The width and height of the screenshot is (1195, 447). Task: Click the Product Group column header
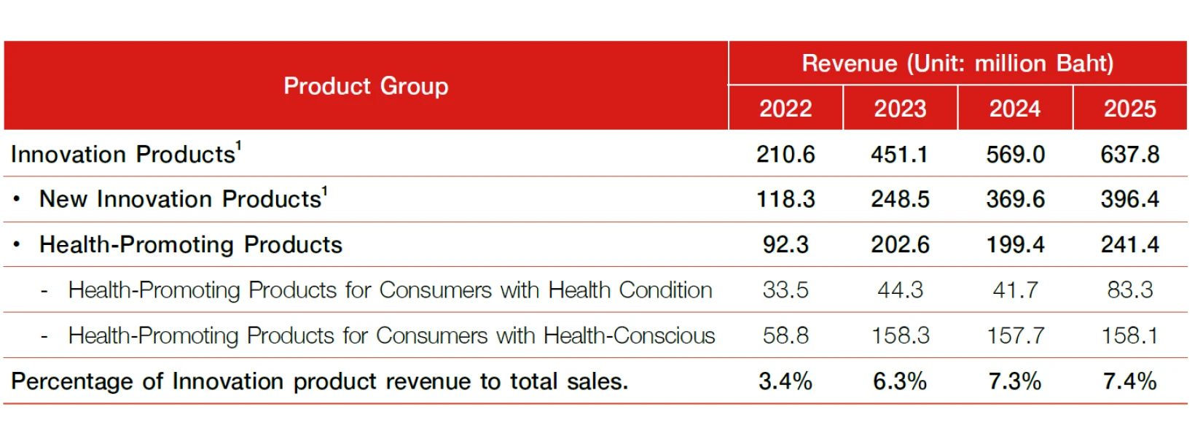366,86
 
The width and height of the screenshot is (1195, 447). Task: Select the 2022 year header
785,109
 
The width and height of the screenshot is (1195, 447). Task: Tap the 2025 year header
1130,109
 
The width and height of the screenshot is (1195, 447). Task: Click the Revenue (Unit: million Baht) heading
957,63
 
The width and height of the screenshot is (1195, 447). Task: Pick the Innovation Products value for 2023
899,155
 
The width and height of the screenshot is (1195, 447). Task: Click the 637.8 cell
1130,155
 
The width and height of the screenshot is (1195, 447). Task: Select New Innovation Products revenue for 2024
1015,200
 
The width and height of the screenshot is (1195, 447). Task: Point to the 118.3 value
785,200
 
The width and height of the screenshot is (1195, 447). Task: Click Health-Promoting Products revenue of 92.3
785,245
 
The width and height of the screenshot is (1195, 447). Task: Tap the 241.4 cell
1130,245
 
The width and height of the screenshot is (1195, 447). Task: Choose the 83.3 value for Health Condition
1130,290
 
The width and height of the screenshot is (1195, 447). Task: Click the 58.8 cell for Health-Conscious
785,336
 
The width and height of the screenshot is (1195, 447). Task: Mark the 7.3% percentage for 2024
1015,382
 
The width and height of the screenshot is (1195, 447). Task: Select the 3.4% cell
785,382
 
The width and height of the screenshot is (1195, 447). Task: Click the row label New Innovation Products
180,199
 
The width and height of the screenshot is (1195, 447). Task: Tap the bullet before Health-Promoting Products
17,245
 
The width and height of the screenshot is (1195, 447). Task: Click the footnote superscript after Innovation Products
239,146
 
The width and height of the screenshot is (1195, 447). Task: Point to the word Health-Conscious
629,336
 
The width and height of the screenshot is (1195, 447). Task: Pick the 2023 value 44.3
900,290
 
